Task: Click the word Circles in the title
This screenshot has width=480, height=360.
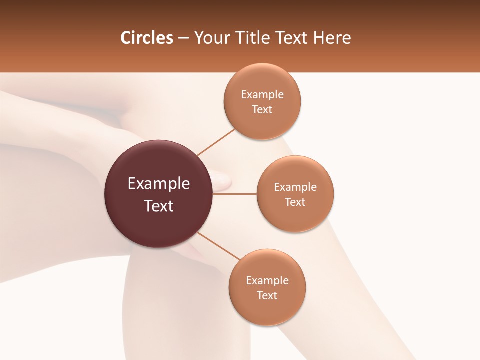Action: (x=147, y=38)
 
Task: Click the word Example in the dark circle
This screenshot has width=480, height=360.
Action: (x=158, y=184)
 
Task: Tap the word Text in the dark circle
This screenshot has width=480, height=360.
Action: (x=158, y=206)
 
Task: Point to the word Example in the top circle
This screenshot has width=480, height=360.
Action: (x=262, y=95)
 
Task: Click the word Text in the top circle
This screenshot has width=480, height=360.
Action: (x=262, y=109)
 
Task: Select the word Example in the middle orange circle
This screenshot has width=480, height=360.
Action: (x=295, y=187)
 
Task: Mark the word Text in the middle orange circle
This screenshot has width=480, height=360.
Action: (x=295, y=202)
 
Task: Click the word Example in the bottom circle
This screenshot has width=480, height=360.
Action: (x=267, y=281)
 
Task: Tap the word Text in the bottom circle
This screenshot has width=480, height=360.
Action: (x=267, y=295)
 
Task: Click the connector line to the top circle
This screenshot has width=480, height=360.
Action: (x=216, y=142)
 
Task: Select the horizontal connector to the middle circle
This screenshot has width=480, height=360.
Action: (x=234, y=194)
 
